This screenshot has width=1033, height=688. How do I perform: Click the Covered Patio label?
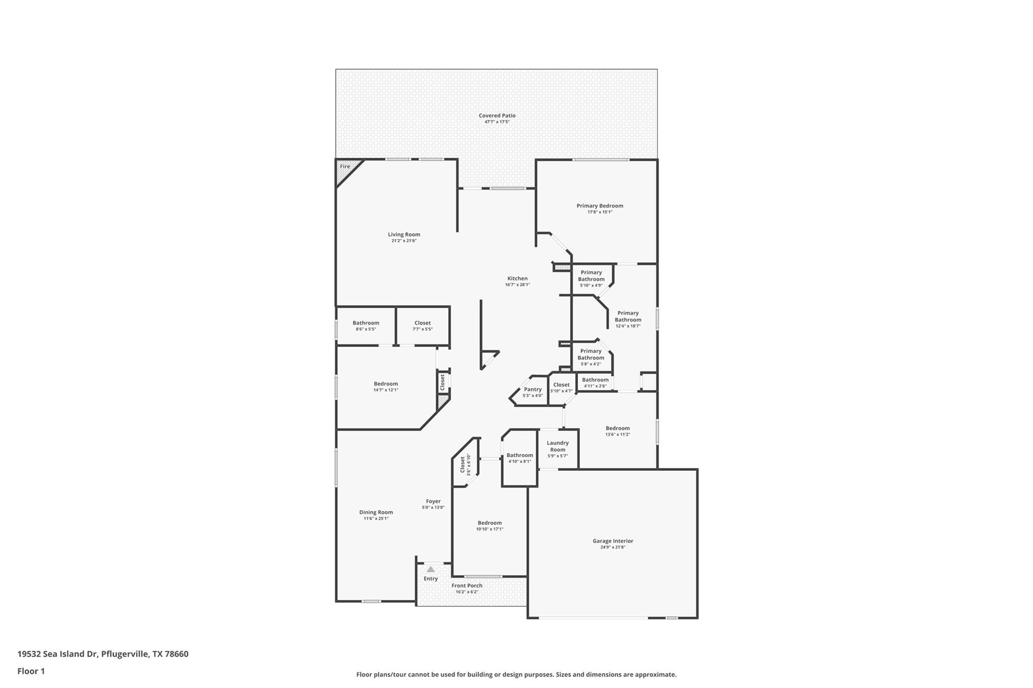497,115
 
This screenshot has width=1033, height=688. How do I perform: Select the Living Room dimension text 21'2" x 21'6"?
404,241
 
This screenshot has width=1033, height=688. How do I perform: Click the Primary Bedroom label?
600,206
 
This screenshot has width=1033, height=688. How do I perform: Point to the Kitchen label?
517,278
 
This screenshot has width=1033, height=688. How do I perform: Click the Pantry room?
532,392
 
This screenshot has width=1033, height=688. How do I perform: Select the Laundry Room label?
557,446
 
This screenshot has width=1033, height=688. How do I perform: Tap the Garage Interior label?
612,541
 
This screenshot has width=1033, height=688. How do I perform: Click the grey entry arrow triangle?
430,569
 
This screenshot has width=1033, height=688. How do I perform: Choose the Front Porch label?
467,586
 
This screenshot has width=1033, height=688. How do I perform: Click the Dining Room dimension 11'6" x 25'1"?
376,519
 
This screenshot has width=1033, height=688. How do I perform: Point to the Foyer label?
433,501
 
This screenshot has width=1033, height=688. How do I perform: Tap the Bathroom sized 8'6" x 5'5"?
366,326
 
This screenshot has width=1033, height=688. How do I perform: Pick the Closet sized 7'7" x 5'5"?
422,326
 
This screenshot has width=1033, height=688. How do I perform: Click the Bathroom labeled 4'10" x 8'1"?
520,458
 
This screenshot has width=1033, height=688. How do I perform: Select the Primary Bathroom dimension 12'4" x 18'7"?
627,326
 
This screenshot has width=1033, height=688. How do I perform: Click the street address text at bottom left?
103,654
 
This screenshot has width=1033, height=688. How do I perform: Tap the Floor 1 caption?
31,671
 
